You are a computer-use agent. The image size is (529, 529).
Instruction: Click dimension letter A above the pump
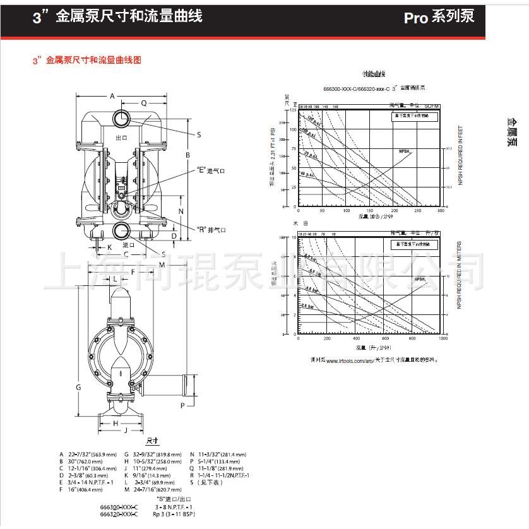point(112,96)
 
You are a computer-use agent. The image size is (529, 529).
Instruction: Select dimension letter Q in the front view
point(143,102)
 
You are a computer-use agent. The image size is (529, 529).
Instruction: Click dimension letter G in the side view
point(78,386)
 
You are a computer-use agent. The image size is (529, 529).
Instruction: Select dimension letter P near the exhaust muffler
point(183,405)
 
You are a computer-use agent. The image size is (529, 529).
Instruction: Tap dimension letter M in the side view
point(162,264)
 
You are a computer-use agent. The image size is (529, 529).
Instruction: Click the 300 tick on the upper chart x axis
point(441,211)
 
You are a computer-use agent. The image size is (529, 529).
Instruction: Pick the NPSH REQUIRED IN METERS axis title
point(459,275)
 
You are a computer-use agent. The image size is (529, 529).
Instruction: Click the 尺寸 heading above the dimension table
point(152,441)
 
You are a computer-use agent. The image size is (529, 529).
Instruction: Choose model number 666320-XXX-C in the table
point(118,513)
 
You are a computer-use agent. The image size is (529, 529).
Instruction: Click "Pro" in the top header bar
point(416,18)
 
